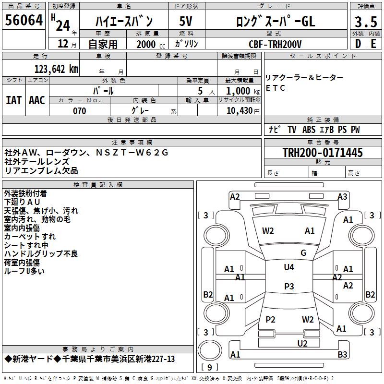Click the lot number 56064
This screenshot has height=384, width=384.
(x=24, y=20)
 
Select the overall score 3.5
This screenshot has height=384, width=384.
(x=366, y=22)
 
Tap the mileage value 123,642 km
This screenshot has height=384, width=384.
(x=56, y=69)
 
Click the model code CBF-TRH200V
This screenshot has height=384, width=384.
(x=275, y=44)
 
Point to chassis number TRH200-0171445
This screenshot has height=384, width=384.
(x=323, y=152)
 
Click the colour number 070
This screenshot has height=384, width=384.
(x=80, y=111)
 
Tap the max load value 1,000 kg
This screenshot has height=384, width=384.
(x=243, y=91)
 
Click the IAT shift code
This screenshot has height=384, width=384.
(x=14, y=100)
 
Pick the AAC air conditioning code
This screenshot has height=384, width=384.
(x=37, y=100)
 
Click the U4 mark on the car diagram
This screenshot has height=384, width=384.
(x=289, y=267)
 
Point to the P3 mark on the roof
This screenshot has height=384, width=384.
(x=289, y=286)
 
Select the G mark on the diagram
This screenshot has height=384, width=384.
(x=303, y=252)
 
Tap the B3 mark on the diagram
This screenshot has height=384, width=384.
(x=342, y=354)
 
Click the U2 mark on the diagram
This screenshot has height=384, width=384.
(x=302, y=343)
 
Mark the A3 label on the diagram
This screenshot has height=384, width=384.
(x=342, y=197)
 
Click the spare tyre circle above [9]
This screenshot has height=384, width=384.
(x=210, y=350)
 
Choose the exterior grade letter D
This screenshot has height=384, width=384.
(x=358, y=44)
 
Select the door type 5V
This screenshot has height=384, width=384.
(x=186, y=21)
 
